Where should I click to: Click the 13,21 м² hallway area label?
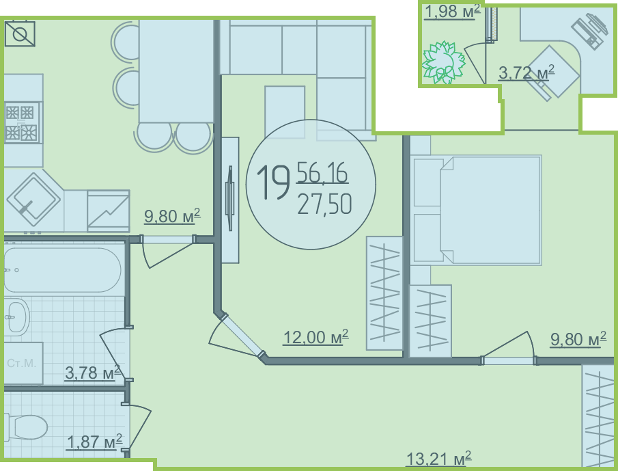[438, 459]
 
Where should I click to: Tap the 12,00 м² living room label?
[315, 337]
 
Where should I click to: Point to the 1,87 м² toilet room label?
[95, 442]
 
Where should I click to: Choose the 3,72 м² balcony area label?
[526, 72]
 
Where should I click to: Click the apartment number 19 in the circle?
[273, 183]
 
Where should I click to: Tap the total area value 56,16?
[322, 173]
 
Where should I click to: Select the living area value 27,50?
[324, 204]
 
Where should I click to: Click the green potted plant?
[443, 63]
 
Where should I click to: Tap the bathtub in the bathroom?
[62, 270]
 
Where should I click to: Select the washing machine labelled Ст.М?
[23, 363]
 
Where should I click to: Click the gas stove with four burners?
[22, 122]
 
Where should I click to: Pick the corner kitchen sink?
[33, 200]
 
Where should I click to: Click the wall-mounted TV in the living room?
[230, 200]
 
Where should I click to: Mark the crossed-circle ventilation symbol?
[20, 34]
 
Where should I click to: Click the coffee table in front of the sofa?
[285, 112]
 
